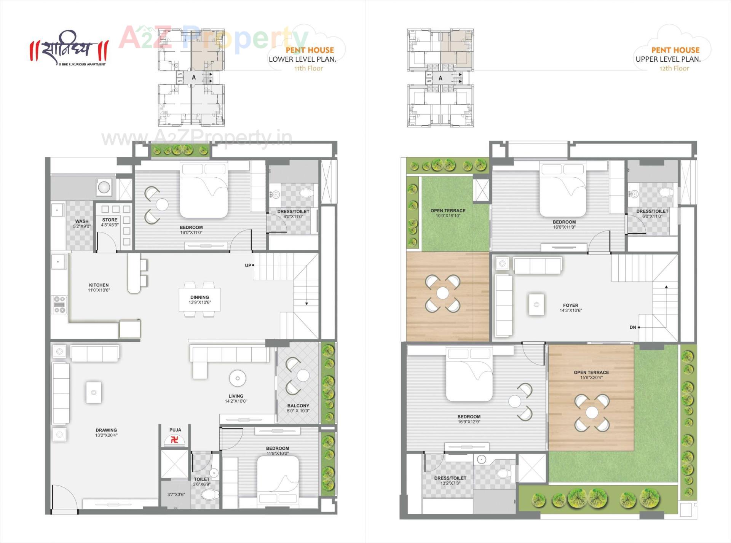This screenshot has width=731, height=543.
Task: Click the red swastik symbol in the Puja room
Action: (x=175, y=440)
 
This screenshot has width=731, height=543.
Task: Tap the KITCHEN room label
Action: (x=99, y=285)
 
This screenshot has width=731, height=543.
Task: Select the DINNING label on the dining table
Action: (x=200, y=297)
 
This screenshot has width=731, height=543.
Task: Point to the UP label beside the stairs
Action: (x=248, y=265)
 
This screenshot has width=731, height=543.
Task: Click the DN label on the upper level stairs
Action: (x=633, y=327)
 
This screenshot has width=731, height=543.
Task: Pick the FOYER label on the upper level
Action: (x=570, y=305)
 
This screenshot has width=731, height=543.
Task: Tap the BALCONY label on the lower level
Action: (x=298, y=406)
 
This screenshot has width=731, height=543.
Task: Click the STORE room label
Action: (x=110, y=220)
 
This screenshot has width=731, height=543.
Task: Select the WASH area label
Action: (x=82, y=221)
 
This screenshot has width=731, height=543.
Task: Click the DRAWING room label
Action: (x=106, y=430)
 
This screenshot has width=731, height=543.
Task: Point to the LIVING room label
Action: (x=236, y=396)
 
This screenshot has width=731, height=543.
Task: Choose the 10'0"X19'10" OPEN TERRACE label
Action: (x=448, y=213)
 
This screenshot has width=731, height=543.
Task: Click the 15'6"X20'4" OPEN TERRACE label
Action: (x=591, y=375)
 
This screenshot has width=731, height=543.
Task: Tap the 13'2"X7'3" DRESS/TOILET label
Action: (x=450, y=480)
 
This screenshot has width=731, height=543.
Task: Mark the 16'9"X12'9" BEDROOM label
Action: (x=469, y=419)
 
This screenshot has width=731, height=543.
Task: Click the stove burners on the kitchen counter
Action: (x=59, y=304)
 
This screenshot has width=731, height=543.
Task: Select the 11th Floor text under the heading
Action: (x=308, y=68)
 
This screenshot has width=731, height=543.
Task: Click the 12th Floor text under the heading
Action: (x=674, y=68)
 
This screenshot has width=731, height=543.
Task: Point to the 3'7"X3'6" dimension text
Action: (x=176, y=494)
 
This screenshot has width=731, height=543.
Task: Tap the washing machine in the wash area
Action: (x=104, y=187)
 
